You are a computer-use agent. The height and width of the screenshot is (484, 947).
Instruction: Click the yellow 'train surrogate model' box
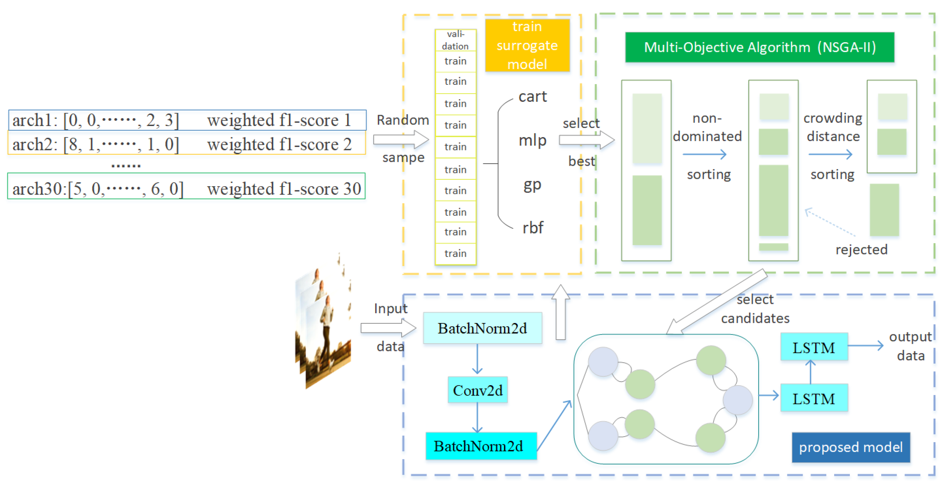tap(527, 45)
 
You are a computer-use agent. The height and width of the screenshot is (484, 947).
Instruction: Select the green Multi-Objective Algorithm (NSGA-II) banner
tap(759, 47)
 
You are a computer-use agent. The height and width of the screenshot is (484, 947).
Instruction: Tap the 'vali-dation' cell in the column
tap(455, 40)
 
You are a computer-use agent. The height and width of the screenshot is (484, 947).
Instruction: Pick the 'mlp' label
tap(532, 140)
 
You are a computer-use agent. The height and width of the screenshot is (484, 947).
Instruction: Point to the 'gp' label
tap(532, 185)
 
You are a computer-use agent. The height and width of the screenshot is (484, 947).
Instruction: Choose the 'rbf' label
tap(533, 228)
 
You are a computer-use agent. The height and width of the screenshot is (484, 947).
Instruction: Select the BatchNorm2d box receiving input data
tap(482, 328)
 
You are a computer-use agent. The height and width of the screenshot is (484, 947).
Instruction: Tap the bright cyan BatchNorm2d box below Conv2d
tap(481, 446)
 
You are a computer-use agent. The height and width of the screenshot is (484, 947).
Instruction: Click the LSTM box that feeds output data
tap(814, 347)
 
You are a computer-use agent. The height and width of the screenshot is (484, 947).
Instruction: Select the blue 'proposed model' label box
tap(851, 447)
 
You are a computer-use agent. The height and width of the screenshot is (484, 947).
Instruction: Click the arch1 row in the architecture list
tap(187, 120)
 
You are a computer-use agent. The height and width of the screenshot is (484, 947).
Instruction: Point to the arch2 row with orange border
tap(187, 144)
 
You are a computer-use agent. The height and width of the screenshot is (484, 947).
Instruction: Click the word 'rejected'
tap(861, 250)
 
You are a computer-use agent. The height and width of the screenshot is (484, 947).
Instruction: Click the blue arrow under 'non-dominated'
tap(704, 154)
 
